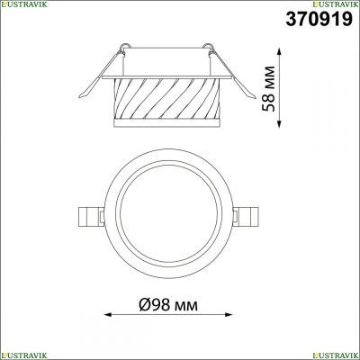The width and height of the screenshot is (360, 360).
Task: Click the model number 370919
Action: point(319,19)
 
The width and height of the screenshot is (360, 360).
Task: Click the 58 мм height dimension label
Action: point(268,89)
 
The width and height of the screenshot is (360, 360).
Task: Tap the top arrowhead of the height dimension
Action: point(279,51)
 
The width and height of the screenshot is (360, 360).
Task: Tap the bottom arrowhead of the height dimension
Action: point(279,123)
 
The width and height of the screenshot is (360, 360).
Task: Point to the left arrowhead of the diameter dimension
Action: point(108,315)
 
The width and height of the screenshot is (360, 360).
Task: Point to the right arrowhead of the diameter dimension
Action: point(229,315)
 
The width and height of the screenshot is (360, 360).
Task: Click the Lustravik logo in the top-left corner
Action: point(24,4)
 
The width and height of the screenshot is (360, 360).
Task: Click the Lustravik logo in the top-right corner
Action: point(336,4)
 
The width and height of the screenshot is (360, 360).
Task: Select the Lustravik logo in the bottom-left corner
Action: point(24,355)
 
